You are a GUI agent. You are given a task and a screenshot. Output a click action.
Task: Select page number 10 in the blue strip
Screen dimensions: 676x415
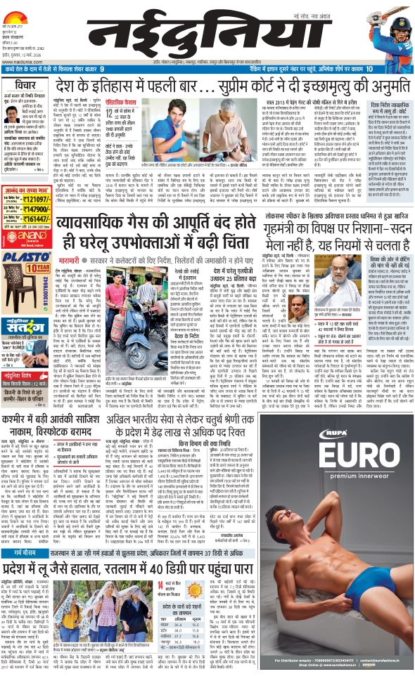pyautogui.click(x=369, y=68)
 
